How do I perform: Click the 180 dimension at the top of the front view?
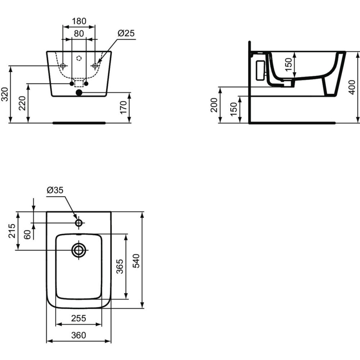pos(79,21)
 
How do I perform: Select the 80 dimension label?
pos(79,33)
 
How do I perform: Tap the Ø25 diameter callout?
pos(126,33)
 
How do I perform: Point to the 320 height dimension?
pos(5,94)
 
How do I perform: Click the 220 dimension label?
pos(22,103)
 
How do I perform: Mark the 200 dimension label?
pos(214,105)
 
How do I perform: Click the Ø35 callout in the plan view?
pos(55,190)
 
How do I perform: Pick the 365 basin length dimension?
pos(120,266)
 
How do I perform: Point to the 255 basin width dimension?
pos(79,318)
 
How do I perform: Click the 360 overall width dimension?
pos(79,335)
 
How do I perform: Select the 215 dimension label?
pos(11,231)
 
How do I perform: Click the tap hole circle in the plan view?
pos(79,223)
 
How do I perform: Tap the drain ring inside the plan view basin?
pos(79,250)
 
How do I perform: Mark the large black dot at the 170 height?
pos(79,93)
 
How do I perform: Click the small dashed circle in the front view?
pos(79,58)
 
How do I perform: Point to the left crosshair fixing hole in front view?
pos(63,66)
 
